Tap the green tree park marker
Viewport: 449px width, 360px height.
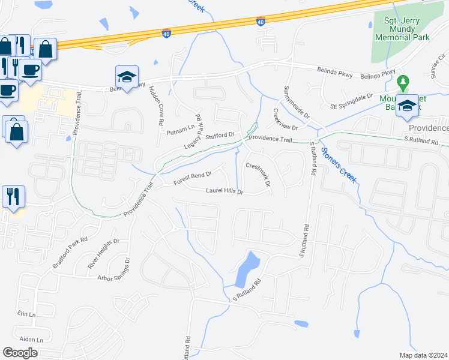tap(404, 81)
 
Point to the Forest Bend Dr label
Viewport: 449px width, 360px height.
tap(193, 177)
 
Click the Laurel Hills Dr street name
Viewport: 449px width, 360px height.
tap(224, 192)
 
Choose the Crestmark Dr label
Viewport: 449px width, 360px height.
tap(259, 173)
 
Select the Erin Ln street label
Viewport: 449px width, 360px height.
tap(27, 314)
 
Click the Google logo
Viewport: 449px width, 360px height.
tap(20, 352)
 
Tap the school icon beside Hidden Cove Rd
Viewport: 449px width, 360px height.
tap(127, 77)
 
